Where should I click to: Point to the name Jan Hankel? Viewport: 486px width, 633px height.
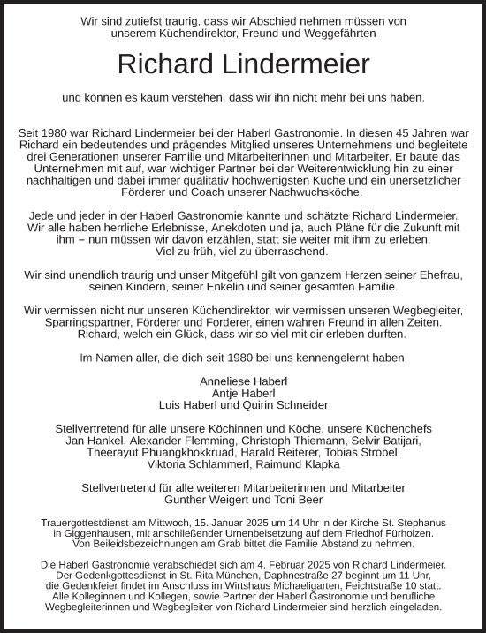pos(92,441)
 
